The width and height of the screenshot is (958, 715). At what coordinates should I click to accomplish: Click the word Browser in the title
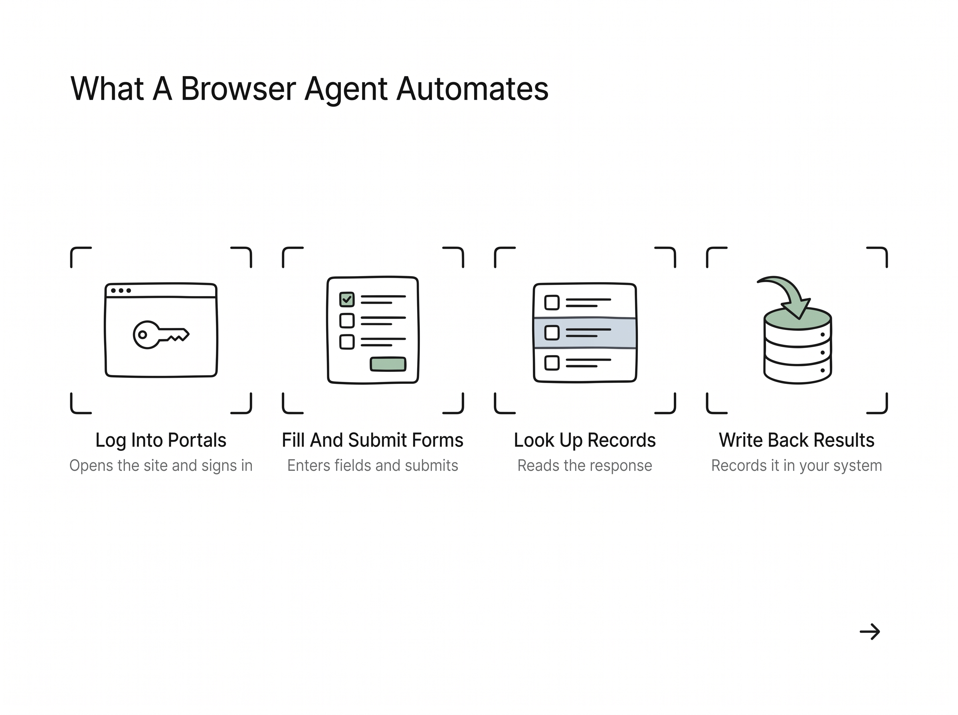point(238,89)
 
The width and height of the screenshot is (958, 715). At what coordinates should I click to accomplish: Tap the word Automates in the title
point(472,89)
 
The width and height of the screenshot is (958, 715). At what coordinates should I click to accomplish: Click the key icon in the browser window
point(160,335)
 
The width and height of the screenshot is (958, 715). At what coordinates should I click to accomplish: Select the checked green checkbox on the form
point(347,299)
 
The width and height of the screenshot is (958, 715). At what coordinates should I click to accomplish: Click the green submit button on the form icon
point(388,364)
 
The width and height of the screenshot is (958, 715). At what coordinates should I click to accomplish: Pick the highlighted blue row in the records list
point(585,333)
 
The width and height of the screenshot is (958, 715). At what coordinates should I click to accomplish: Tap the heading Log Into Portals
point(160,440)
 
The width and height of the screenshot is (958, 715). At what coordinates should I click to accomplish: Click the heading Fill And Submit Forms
point(372,440)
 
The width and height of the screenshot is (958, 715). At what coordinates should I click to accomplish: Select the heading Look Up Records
point(584,440)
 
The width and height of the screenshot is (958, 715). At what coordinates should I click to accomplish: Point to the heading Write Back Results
point(796,440)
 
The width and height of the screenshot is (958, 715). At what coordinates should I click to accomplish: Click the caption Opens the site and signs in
point(160,466)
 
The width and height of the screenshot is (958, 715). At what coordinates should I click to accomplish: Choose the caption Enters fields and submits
point(372,466)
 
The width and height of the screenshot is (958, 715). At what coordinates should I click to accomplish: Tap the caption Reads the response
point(584,466)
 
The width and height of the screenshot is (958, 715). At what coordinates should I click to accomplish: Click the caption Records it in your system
point(796,466)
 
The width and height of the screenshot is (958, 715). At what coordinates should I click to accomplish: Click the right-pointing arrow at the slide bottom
point(870,632)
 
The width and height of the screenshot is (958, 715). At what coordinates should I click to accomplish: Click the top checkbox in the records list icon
point(552,302)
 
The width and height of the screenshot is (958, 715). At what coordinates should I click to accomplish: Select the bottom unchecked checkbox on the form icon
point(347,342)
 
